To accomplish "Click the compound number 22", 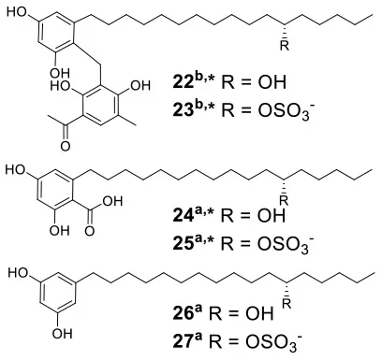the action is click(182, 82).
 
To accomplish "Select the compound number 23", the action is click(182, 110).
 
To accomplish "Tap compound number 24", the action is click(182, 216).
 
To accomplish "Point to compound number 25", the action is click(182, 244).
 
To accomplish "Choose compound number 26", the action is click(182, 313).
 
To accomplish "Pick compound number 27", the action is click(182, 341).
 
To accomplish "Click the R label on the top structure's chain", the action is click(285, 46).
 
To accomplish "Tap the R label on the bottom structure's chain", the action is click(286, 303).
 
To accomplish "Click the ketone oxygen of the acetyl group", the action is click(66, 146).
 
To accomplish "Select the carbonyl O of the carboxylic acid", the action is click(90, 231).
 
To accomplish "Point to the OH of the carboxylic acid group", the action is click(112, 201).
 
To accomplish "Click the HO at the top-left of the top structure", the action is click(17, 12).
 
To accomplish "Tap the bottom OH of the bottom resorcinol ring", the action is click(62, 334).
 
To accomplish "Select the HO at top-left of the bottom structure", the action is click(18, 273).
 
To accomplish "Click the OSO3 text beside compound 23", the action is click(284, 111).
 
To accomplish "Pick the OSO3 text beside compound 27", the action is click(272, 342).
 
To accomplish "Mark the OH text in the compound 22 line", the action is click(272, 82).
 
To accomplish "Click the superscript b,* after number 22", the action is click(202, 79).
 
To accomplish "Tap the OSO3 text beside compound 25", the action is click(284, 244).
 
